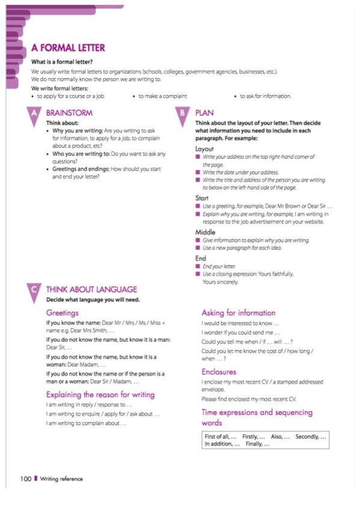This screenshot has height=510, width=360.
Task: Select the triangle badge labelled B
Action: coord(182,114)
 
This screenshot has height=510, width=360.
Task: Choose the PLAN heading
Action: coord(204,112)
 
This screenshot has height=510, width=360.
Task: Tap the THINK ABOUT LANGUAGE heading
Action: coord(91,289)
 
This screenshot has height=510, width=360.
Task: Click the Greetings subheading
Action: coord(63,313)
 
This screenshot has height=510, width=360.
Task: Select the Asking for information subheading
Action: coord(239,313)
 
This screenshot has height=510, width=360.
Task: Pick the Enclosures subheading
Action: coord(219,372)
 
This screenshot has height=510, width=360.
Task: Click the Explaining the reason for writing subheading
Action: coord(100,395)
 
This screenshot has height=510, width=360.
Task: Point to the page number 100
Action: coord(25,479)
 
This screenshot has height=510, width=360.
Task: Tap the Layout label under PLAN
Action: coord(205,148)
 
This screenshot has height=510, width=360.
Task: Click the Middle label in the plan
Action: coord(206,232)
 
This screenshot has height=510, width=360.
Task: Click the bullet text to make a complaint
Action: coord(162,96)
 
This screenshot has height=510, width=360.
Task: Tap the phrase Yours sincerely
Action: coord(221,281)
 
